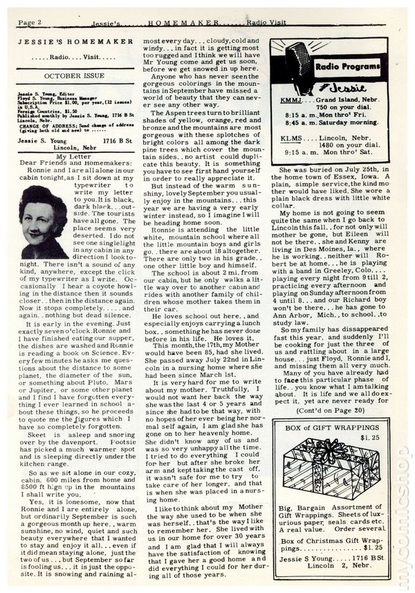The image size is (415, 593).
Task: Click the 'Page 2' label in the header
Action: pos(30,22)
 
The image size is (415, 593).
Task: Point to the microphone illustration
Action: pos(298,65)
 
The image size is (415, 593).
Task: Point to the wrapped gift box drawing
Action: pos(331,468)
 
